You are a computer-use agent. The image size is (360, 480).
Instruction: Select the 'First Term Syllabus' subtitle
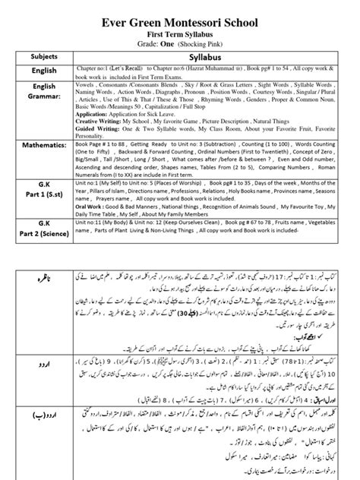tap(181, 25)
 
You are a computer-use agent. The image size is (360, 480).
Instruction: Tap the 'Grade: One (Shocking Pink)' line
tap(181, 38)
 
